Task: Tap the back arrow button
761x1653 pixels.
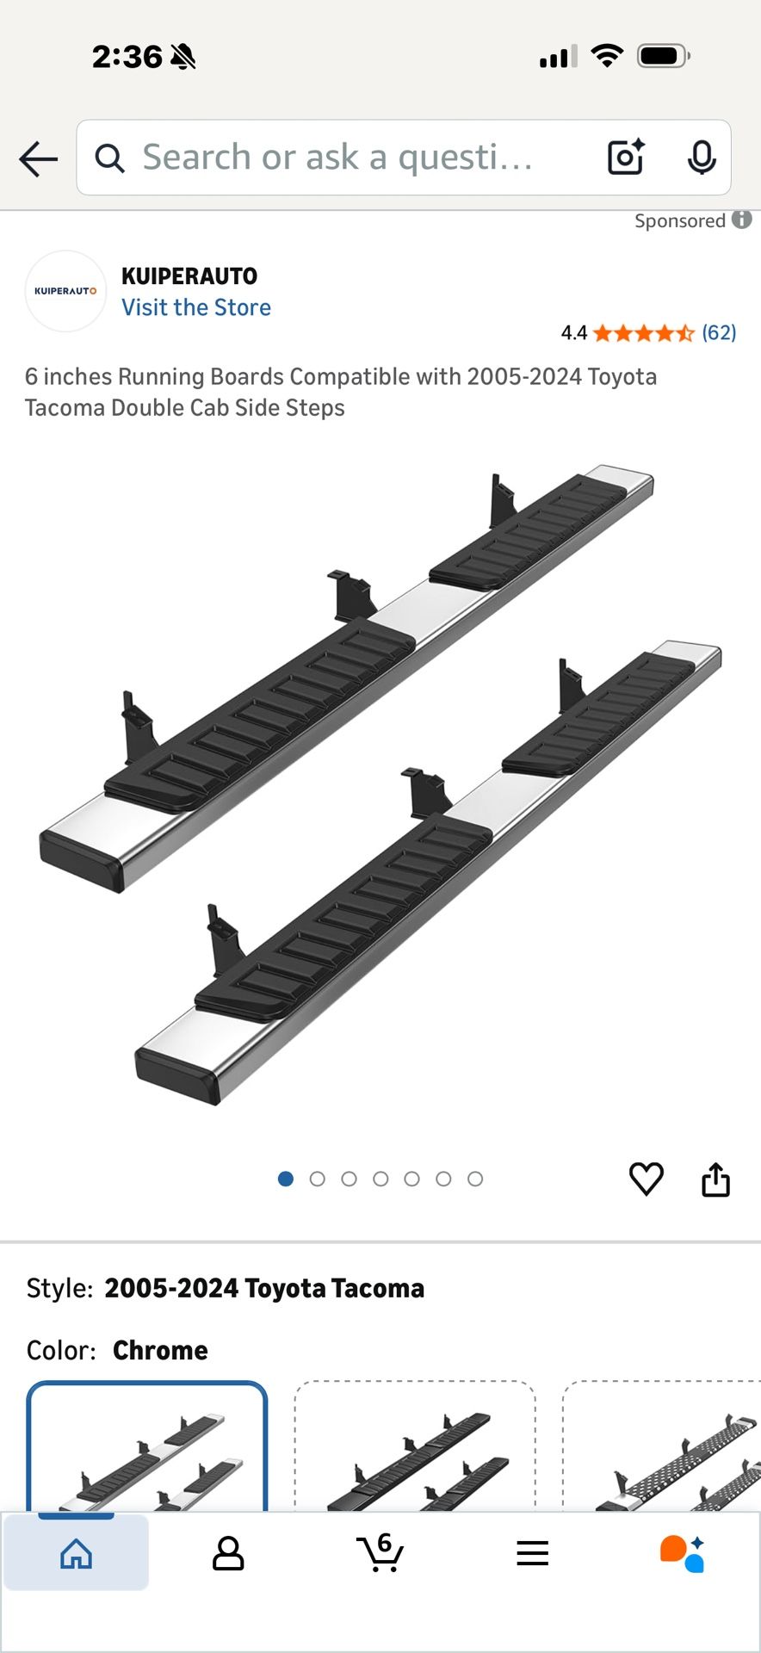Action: [39, 159]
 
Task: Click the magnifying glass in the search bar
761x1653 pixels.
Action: [109, 158]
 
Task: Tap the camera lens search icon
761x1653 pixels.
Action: [626, 158]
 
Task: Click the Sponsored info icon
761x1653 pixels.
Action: [742, 220]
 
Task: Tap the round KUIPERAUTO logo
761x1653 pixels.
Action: [65, 291]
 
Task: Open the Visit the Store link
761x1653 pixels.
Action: [196, 307]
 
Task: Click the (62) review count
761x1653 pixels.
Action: [719, 332]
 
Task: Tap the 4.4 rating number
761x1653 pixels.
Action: [573, 333]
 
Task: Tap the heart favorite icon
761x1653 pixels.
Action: [647, 1179]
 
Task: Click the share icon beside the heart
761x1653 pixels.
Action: [715, 1179]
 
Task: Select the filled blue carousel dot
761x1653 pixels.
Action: [286, 1179]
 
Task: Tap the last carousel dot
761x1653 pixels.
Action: [475, 1179]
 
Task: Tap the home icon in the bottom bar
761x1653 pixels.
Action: [76, 1553]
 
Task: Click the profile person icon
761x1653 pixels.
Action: [228, 1553]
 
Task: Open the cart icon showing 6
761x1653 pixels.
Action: [380, 1552]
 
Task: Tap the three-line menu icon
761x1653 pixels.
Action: [533, 1553]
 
